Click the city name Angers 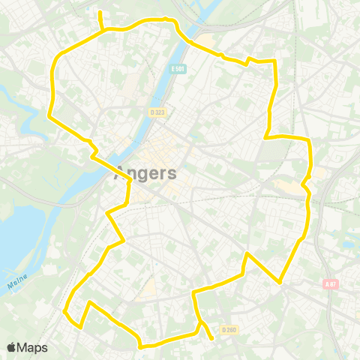tap(146, 174)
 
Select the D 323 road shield tap(156, 112)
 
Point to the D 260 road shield tap(229, 328)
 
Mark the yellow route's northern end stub tap(100, 13)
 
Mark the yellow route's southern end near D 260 tap(213, 338)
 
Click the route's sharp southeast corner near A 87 tap(280, 282)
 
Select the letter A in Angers tap(120, 174)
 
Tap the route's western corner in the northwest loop tap(49, 116)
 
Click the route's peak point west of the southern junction tap(90, 303)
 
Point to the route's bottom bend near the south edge tap(140, 346)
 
